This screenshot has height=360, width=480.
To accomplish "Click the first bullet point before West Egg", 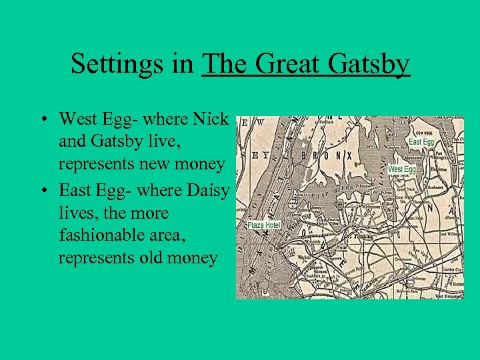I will (42, 120).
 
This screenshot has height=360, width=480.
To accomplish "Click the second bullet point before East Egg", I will (42, 191).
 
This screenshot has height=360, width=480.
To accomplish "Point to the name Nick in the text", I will (210, 119).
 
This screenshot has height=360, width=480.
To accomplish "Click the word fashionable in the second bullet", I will (99, 235).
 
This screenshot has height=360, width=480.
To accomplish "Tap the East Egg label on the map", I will (421, 142).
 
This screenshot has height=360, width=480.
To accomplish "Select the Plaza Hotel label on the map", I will (265, 225).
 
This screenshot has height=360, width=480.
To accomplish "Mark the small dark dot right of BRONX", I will (358, 163).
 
